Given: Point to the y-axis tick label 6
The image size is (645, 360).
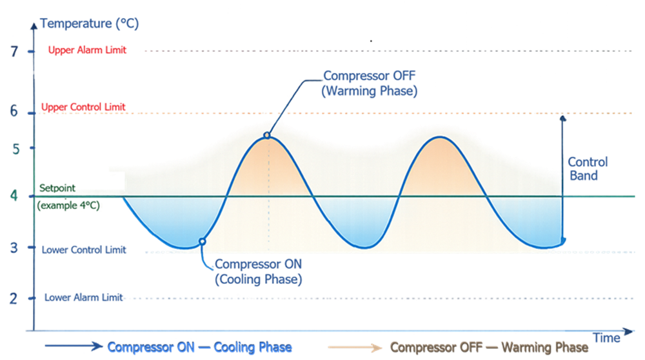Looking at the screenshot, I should pyautogui.click(x=14, y=111).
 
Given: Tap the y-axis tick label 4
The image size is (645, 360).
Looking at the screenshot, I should pyautogui.click(x=14, y=195).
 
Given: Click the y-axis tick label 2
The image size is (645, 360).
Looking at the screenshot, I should pyautogui.click(x=14, y=298).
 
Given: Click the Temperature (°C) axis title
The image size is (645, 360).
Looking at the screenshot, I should pyautogui.click(x=89, y=25).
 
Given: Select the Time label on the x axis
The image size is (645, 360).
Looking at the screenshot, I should pyautogui.click(x=606, y=338).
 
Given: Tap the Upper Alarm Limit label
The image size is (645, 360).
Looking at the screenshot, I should pyautogui.click(x=87, y=50).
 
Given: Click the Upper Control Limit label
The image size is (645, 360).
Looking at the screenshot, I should pyautogui.click(x=83, y=107).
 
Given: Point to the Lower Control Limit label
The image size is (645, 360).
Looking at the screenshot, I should pyautogui.click(x=84, y=250).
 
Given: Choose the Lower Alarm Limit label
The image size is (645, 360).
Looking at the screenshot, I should pyautogui.click(x=84, y=297).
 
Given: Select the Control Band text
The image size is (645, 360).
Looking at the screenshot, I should pyautogui.click(x=587, y=168).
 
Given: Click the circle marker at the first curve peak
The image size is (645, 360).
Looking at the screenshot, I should pyautogui.click(x=267, y=135).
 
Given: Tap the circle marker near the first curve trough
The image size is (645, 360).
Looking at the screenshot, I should pyautogui.click(x=203, y=241).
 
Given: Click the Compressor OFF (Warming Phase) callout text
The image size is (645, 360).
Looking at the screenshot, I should pyautogui.click(x=370, y=84).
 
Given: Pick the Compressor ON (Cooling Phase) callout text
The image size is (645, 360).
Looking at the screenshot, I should pyautogui.click(x=258, y=272).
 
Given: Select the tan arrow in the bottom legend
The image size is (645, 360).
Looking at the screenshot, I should pyautogui.click(x=355, y=347).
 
